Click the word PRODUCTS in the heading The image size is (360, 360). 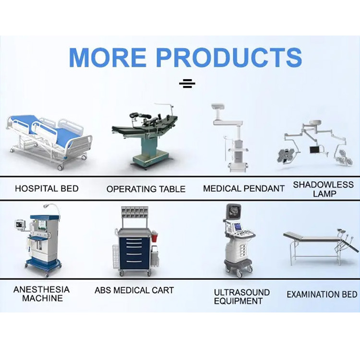click(229, 57)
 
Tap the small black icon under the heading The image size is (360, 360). click(187, 84)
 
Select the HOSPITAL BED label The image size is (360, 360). click(47, 188)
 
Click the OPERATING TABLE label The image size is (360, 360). click(146, 189)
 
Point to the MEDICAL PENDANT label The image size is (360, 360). click(244, 188)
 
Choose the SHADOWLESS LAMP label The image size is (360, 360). click(323, 189)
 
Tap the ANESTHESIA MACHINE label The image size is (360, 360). click(42, 294)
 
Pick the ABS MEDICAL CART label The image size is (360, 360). click(134, 290)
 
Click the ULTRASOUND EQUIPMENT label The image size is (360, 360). click(241, 297)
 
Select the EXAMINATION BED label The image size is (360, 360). click(322, 294)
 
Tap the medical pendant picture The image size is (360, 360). click(230, 139)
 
